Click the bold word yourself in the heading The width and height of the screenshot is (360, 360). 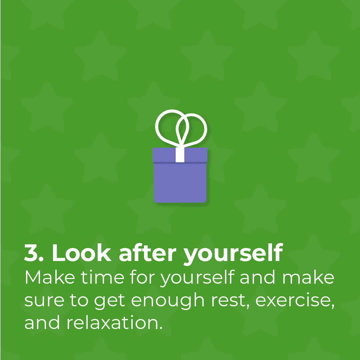pos(233,254)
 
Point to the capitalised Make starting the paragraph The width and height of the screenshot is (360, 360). pos(50,277)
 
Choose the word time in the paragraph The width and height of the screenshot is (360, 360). pos(102,277)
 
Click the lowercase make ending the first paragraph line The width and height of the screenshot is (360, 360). pos(308,277)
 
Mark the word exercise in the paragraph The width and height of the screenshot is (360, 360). pos(295,300)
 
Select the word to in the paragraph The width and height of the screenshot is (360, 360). pos(79,300)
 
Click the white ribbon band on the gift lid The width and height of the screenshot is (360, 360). pos(180,155)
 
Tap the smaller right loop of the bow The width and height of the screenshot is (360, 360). pos(204,129)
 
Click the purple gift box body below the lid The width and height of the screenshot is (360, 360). pos(180,183)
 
